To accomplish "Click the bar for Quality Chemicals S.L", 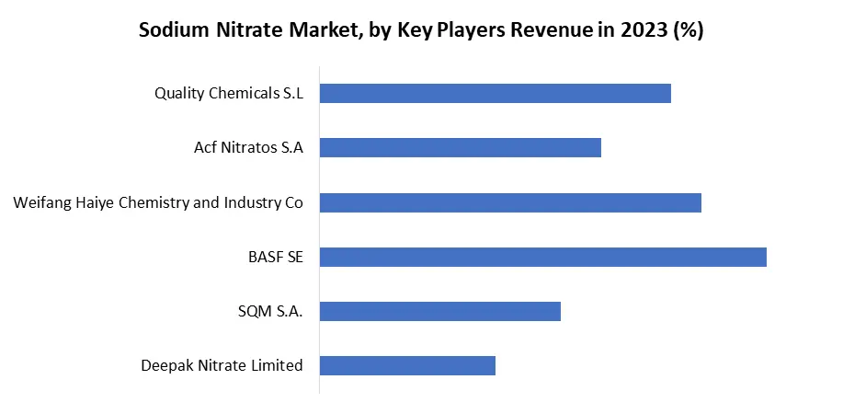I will tap(495, 93).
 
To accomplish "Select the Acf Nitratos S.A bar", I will tap(460, 147).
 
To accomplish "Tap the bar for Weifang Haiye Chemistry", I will tap(510, 202).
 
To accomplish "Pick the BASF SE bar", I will tap(542, 257).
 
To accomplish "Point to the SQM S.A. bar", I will tap(439, 311).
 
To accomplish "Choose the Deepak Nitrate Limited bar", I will tap(407, 365).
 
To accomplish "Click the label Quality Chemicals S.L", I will tap(229, 93).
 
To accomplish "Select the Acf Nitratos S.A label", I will tap(248, 147).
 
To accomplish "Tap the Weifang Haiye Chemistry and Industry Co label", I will tap(158, 202).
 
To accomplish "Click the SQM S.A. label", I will tap(270, 311).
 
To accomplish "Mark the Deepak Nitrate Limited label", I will tap(222, 365).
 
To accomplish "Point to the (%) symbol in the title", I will tap(688, 29).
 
